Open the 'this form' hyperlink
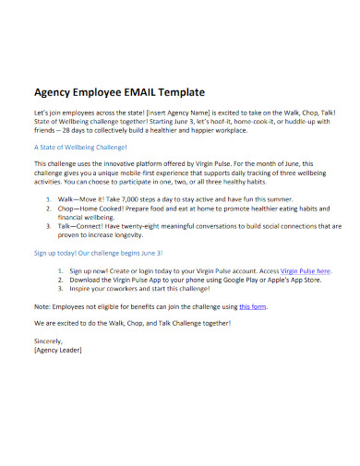[x=253, y=305]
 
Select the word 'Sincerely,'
[x=48, y=342]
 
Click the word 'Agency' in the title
[x=54, y=93]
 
